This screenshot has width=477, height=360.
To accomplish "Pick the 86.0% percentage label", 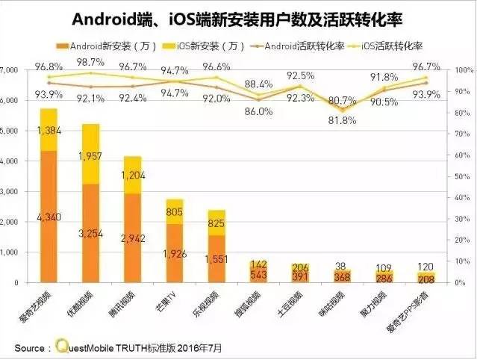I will (x=258, y=111).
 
